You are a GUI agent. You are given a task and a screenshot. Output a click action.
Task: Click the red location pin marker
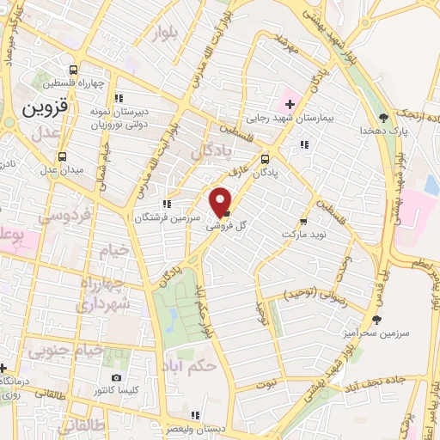tap(222, 201)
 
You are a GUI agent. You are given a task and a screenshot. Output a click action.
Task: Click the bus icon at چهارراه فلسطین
tap(74, 70)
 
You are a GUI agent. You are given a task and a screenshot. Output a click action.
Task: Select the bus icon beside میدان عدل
tap(62, 156)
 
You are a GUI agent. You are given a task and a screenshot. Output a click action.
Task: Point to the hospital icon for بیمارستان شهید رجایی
tap(290, 105)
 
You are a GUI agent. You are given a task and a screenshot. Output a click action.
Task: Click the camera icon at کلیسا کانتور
tap(116, 377)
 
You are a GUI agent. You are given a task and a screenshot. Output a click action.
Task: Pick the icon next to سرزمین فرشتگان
tap(167, 204)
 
